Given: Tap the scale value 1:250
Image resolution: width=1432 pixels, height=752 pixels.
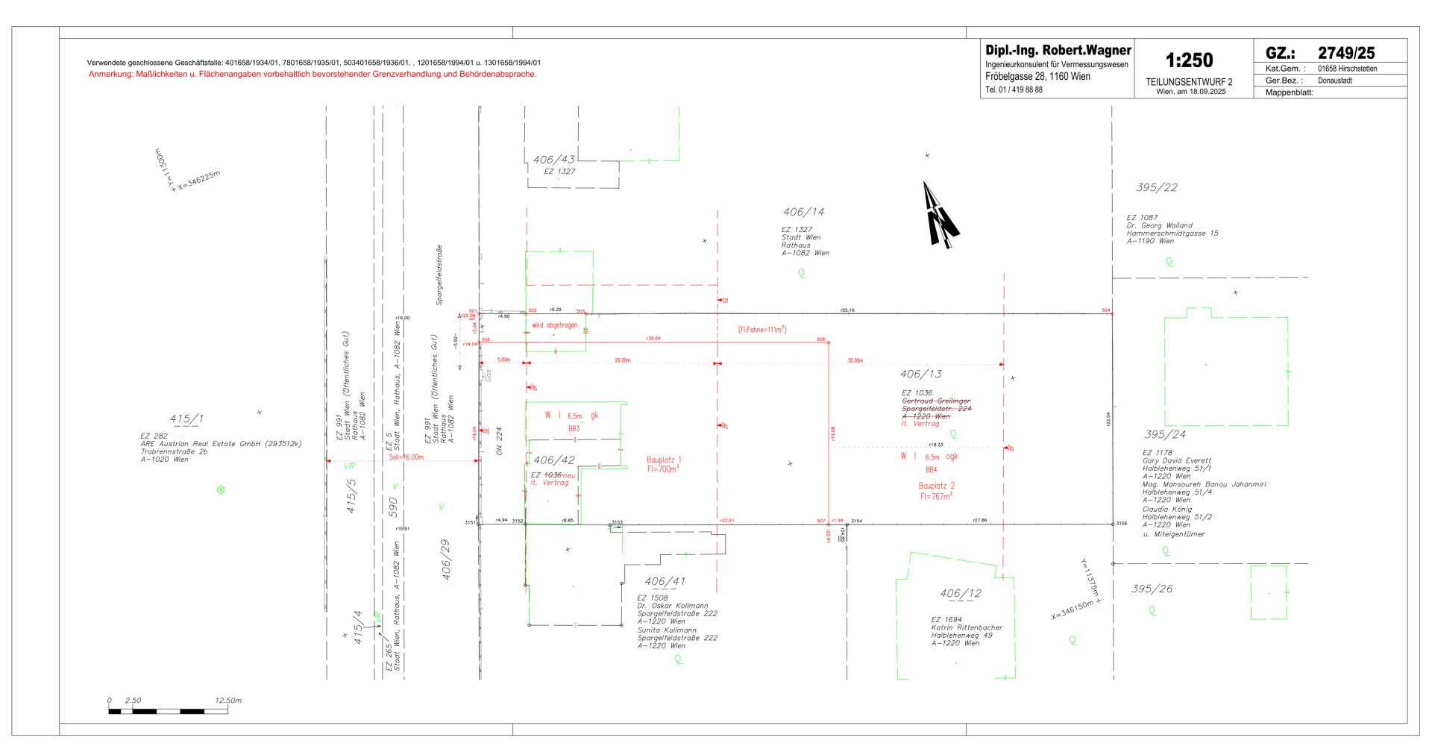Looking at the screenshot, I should tap(1189, 60).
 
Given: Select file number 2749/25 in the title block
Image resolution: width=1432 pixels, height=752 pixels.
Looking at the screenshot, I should tap(1345, 53).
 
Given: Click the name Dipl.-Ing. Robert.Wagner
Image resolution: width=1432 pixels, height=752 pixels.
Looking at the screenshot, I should tap(1058, 50).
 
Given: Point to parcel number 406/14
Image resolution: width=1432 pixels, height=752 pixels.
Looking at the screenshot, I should tap(803, 212).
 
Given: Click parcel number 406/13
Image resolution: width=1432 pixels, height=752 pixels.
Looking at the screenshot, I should tap(920, 374).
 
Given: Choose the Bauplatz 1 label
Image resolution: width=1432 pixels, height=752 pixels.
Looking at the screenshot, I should tap(664, 460).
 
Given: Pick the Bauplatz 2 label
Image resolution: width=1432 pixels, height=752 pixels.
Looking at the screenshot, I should tap(936, 486).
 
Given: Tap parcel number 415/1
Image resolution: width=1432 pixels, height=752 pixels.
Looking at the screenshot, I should tap(186, 419).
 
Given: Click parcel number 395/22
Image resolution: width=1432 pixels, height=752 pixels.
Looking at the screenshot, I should tap(1156, 187).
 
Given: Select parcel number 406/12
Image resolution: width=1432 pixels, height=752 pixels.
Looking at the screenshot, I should tap(961, 593).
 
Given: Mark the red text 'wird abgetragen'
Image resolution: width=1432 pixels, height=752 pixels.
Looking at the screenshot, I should tap(554, 325).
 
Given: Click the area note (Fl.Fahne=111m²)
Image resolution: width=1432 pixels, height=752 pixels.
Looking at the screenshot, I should tap(761, 329).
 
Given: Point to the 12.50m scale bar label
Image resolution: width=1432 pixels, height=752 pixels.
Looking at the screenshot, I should tap(228, 701).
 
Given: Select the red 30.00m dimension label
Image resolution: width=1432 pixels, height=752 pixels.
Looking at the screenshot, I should tap(855, 360).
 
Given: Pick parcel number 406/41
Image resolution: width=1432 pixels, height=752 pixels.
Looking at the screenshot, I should tap(665, 581).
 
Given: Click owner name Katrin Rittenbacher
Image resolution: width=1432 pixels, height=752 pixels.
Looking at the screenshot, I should tap(967, 627).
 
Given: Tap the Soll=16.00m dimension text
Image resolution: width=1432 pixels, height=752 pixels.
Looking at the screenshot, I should tap(406, 457).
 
